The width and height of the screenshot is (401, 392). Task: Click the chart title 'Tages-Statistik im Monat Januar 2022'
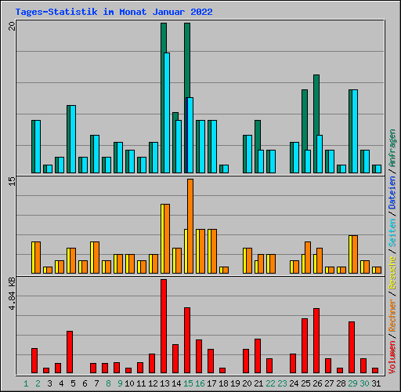(114, 13)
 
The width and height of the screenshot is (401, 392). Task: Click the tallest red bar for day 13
(164, 325)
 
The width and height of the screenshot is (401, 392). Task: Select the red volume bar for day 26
(316, 340)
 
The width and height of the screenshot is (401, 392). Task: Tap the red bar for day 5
(70, 352)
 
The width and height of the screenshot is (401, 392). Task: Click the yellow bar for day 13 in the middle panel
(164, 238)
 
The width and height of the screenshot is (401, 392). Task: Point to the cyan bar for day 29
(353, 131)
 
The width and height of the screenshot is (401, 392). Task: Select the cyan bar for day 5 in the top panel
(71, 139)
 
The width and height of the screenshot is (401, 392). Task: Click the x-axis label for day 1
(26, 383)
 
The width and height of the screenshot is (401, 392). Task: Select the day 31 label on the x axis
(376, 383)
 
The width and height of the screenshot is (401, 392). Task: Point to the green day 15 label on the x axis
(188, 383)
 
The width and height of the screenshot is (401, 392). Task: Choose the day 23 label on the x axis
(282, 383)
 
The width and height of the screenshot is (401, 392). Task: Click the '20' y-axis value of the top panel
(12, 26)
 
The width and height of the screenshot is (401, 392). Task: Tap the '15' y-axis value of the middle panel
(12, 182)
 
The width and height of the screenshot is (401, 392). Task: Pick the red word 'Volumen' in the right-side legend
(392, 357)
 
